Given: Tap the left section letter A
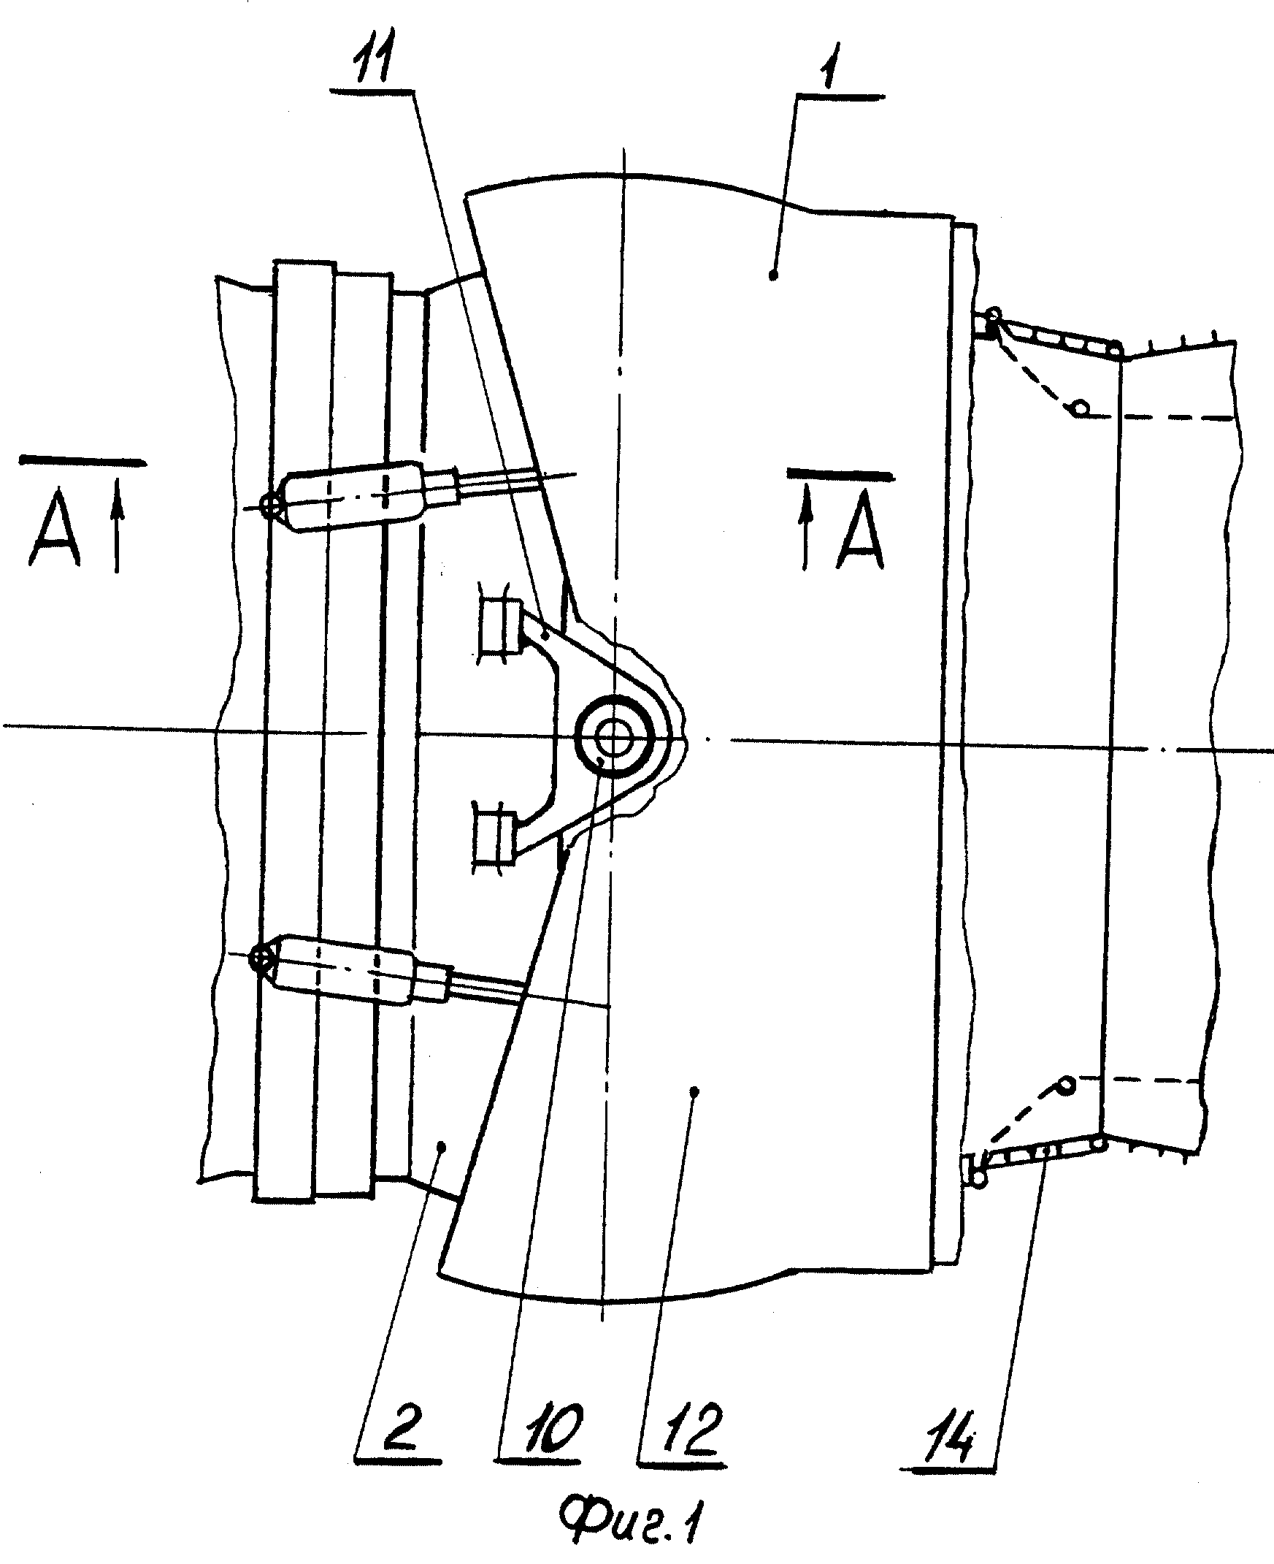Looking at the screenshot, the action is [54, 529].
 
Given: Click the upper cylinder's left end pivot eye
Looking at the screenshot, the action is [273, 505].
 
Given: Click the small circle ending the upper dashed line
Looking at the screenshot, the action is [1081, 407].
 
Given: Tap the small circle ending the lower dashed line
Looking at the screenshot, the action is [1066, 1084].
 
